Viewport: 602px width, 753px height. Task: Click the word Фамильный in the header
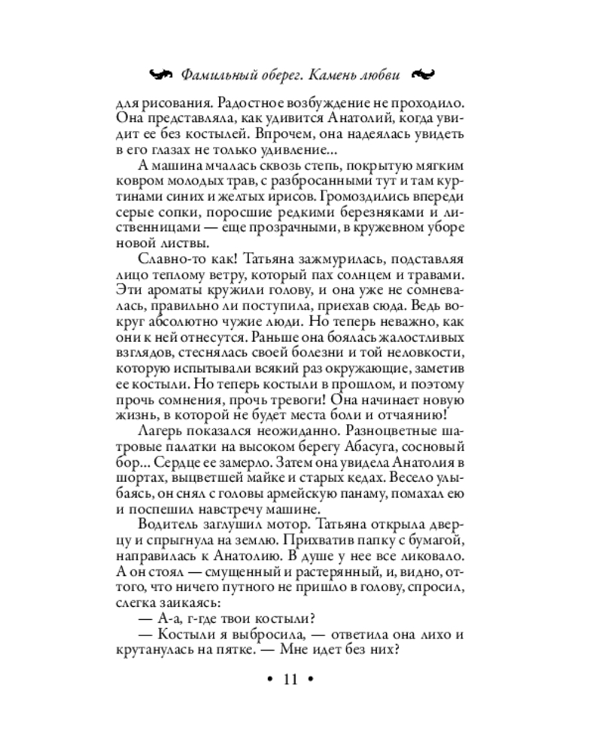point(216,75)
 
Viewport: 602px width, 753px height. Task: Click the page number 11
point(291,681)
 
